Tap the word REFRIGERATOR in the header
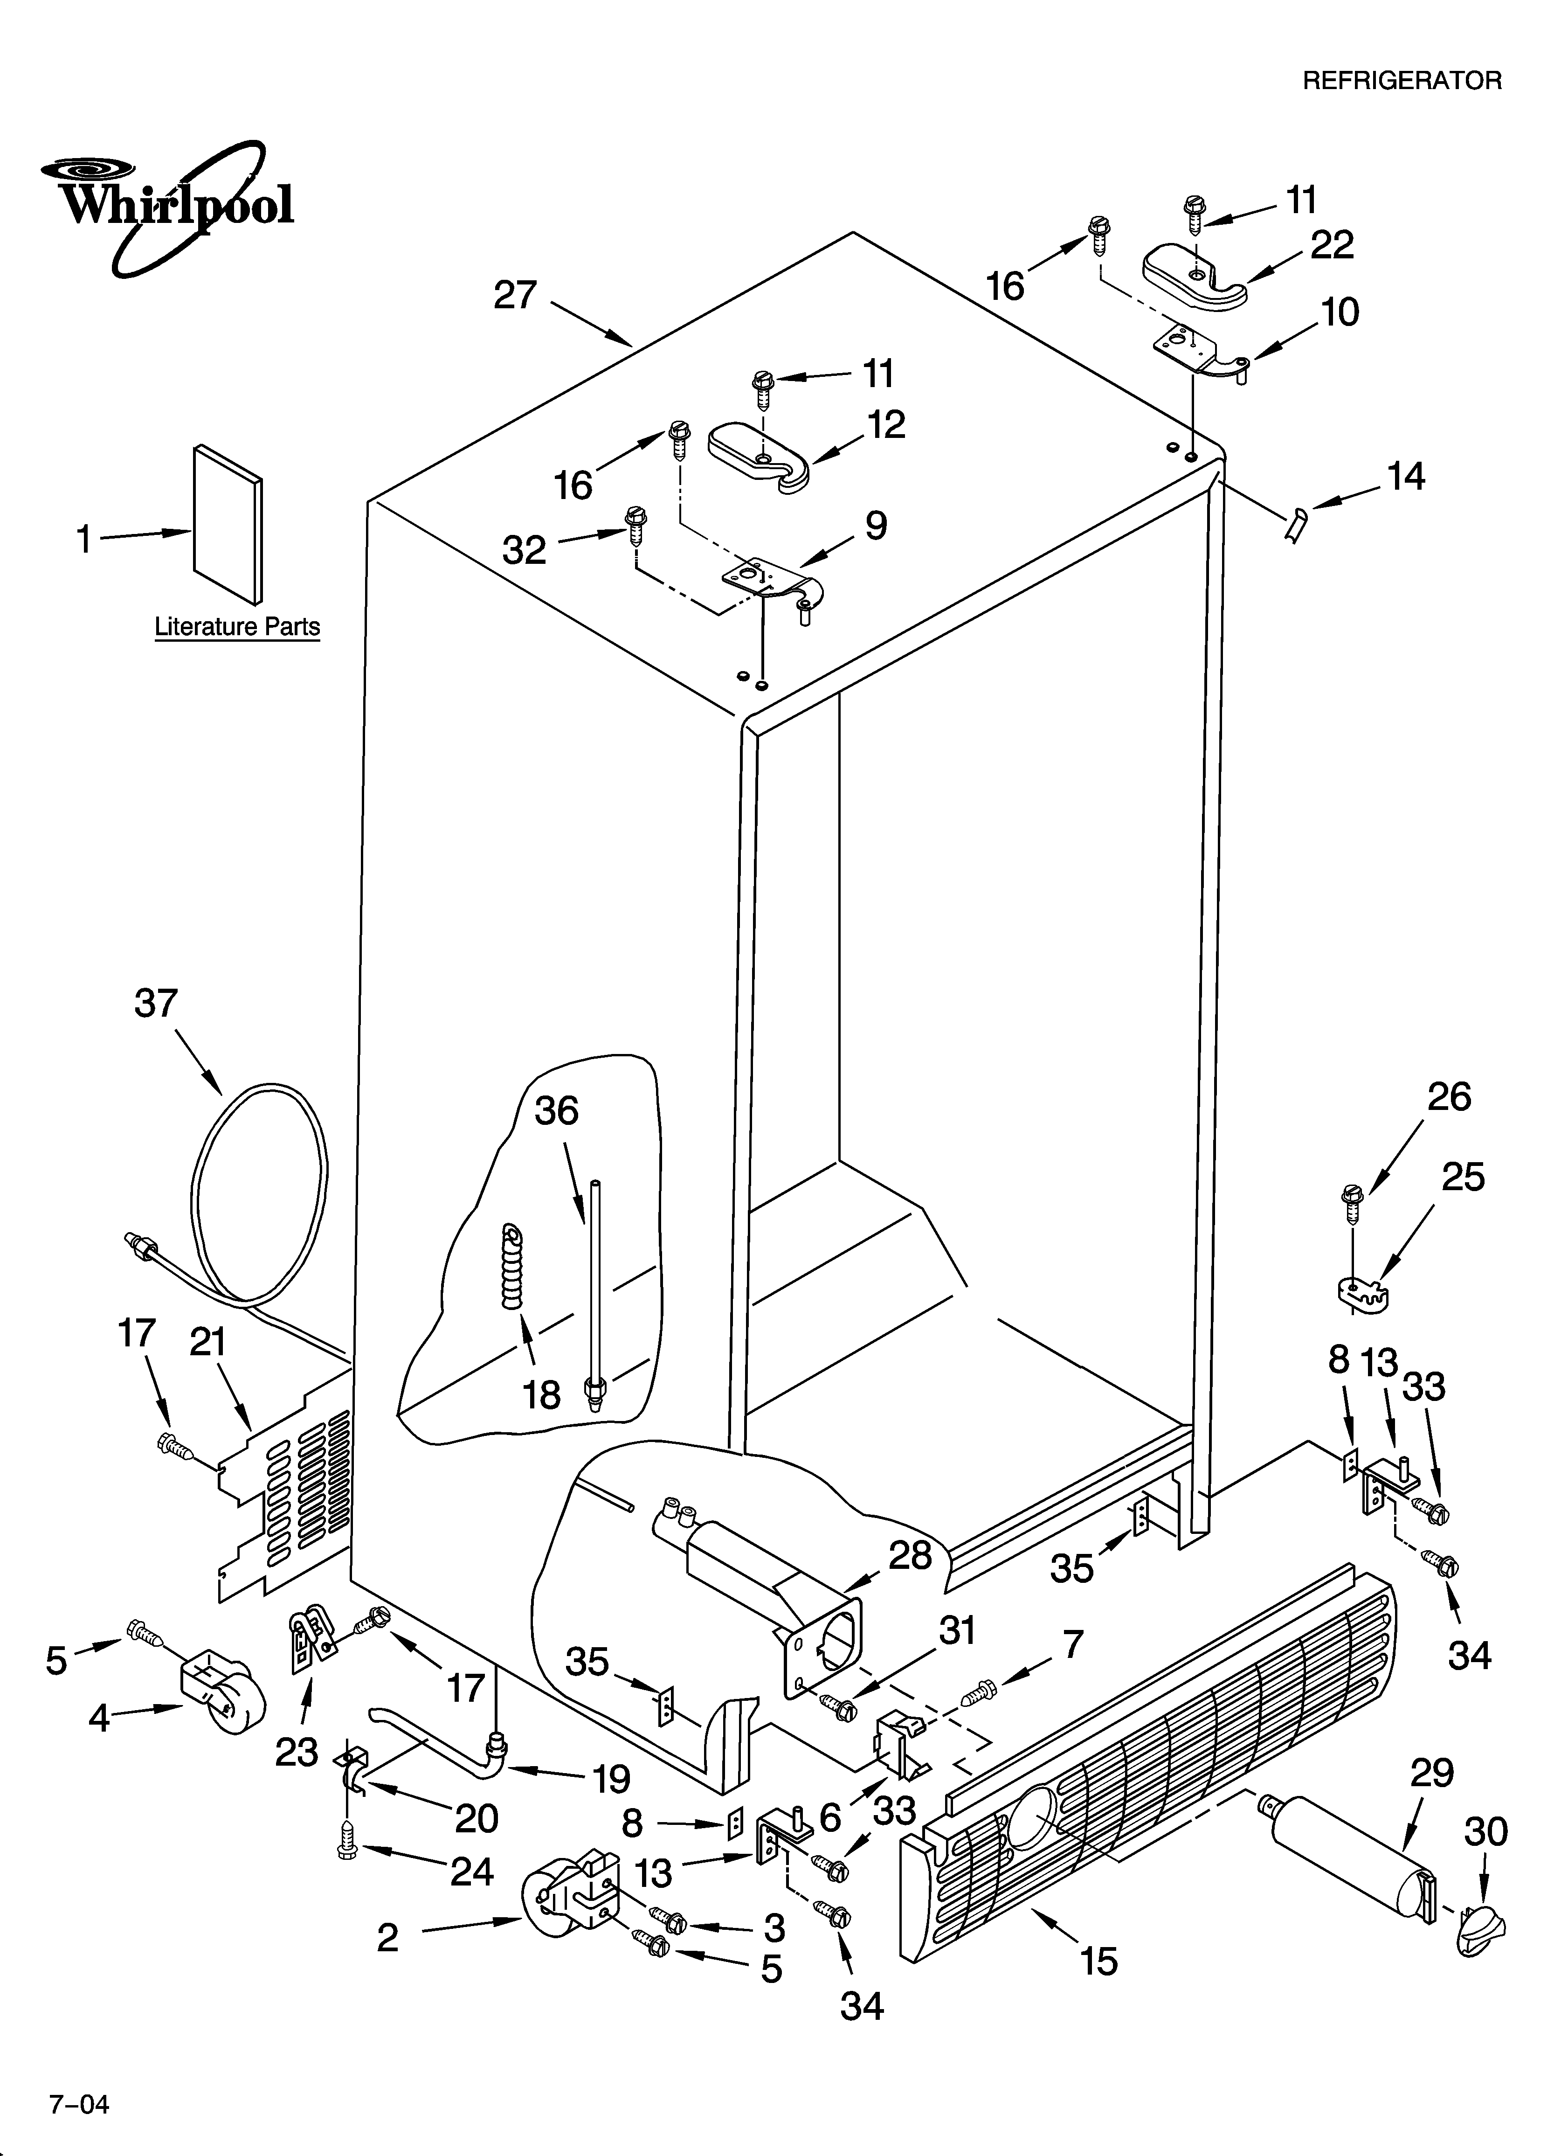point(1401,81)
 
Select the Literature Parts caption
point(237,627)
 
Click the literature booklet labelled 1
point(227,525)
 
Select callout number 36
point(556,1110)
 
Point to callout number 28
point(910,1555)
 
